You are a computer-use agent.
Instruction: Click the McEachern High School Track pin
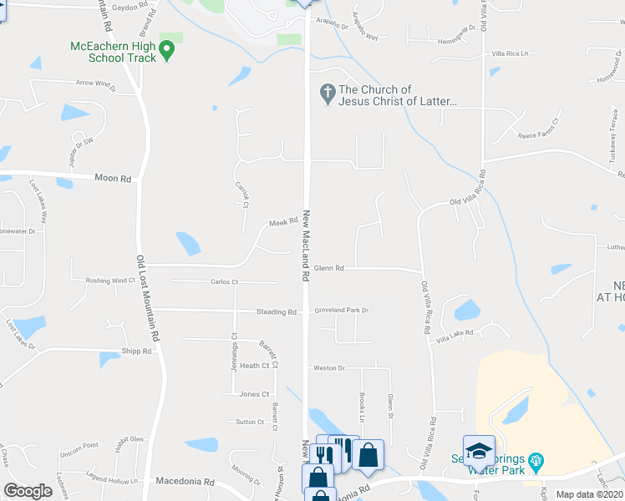[165, 52]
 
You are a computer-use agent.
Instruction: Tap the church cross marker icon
[327, 94]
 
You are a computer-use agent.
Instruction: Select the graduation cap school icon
[479, 452]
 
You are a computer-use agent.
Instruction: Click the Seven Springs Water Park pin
[536, 459]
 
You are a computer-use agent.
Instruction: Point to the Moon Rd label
[113, 179]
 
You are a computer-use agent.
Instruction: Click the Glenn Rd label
[329, 268]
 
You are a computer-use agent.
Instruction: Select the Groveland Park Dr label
[342, 311]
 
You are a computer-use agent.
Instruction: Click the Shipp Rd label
[136, 352]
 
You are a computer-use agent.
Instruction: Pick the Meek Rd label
[283, 222]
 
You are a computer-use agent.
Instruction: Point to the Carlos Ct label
[224, 282]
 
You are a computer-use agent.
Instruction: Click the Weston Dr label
[328, 368]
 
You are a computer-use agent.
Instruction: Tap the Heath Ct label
[254, 366]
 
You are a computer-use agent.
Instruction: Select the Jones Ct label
[254, 394]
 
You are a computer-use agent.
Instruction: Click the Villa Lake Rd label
[455, 332]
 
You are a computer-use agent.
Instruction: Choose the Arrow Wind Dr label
[94, 83]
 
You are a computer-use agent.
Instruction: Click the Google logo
[28, 491]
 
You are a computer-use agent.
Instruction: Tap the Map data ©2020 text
[589, 494]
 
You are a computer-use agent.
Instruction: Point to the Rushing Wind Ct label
[110, 281]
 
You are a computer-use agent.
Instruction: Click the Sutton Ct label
[250, 422]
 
